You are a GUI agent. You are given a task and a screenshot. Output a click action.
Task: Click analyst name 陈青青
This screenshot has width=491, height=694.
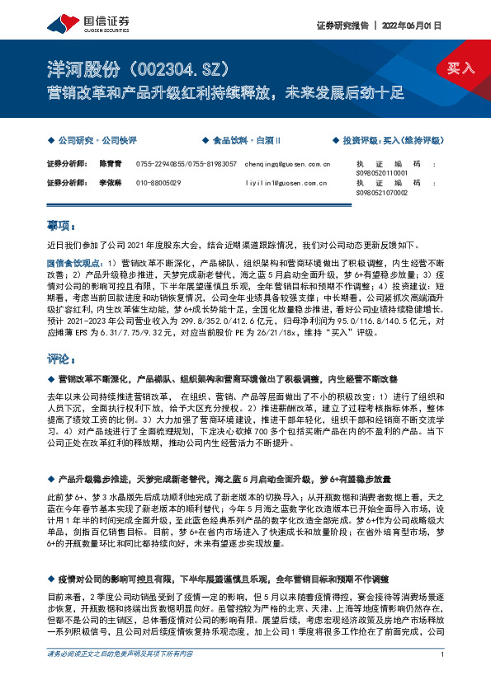(111, 164)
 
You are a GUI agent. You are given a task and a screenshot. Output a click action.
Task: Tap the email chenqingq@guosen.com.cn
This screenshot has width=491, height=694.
(287, 164)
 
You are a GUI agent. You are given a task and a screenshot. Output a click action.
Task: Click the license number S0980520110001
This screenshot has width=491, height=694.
(381, 173)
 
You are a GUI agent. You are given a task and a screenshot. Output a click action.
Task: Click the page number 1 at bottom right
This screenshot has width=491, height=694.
(443, 678)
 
